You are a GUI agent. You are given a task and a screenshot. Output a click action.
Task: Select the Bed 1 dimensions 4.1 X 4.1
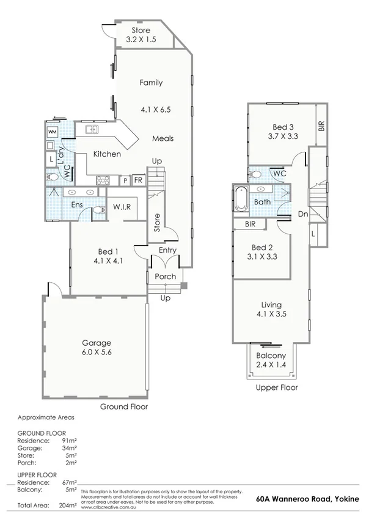tap(108, 261)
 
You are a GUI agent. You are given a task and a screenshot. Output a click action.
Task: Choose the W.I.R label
tap(122, 207)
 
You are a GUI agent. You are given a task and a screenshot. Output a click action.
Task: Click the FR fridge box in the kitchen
tap(139, 181)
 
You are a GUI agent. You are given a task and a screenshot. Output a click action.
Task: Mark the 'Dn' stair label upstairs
tap(302, 214)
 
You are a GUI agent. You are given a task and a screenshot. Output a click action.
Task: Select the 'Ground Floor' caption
tap(124, 406)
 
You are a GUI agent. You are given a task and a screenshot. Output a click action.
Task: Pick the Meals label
tap(163, 138)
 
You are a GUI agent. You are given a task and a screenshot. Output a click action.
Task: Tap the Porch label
tap(165, 277)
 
